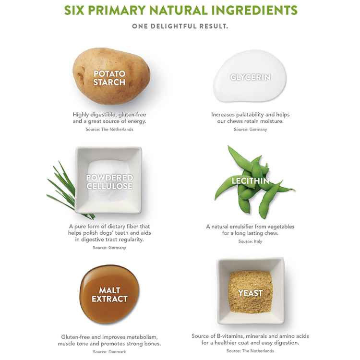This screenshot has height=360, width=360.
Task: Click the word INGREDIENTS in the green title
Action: pyautogui.click(x=254, y=10)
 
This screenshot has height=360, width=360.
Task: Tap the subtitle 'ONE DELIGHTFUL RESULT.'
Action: pyautogui.click(x=180, y=26)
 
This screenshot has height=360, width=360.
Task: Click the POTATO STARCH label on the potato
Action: pyautogui.click(x=109, y=78)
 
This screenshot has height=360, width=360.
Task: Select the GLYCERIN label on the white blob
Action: pyautogui.click(x=250, y=77)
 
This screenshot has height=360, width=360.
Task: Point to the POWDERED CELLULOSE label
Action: pyautogui.click(x=109, y=181)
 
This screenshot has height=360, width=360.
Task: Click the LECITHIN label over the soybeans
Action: pyautogui.click(x=250, y=181)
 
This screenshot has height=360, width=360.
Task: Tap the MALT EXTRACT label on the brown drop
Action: pyautogui.click(x=109, y=295)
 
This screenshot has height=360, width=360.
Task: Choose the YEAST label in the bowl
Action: pyautogui.click(x=250, y=293)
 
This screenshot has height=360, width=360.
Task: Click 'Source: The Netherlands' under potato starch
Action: pyautogui.click(x=109, y=129)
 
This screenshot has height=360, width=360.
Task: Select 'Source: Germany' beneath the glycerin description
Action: pyautogui.click(x=250, y=129)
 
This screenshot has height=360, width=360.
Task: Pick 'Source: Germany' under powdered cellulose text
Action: pyautogui.click(x=109, y=248)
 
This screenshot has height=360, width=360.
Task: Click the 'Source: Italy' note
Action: pyautogui.click(x=250, y=241)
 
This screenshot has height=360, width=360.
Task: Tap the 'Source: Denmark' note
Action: pyautogui.click(x=109, y=351)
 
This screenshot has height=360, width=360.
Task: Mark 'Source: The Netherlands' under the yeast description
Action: pyautogui.click(x=250, y=350)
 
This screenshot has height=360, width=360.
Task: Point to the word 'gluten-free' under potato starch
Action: pyautogui.click(x=132, y=114)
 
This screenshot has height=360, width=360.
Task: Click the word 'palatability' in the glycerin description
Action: pyautogui.click(x=250, y=114)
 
